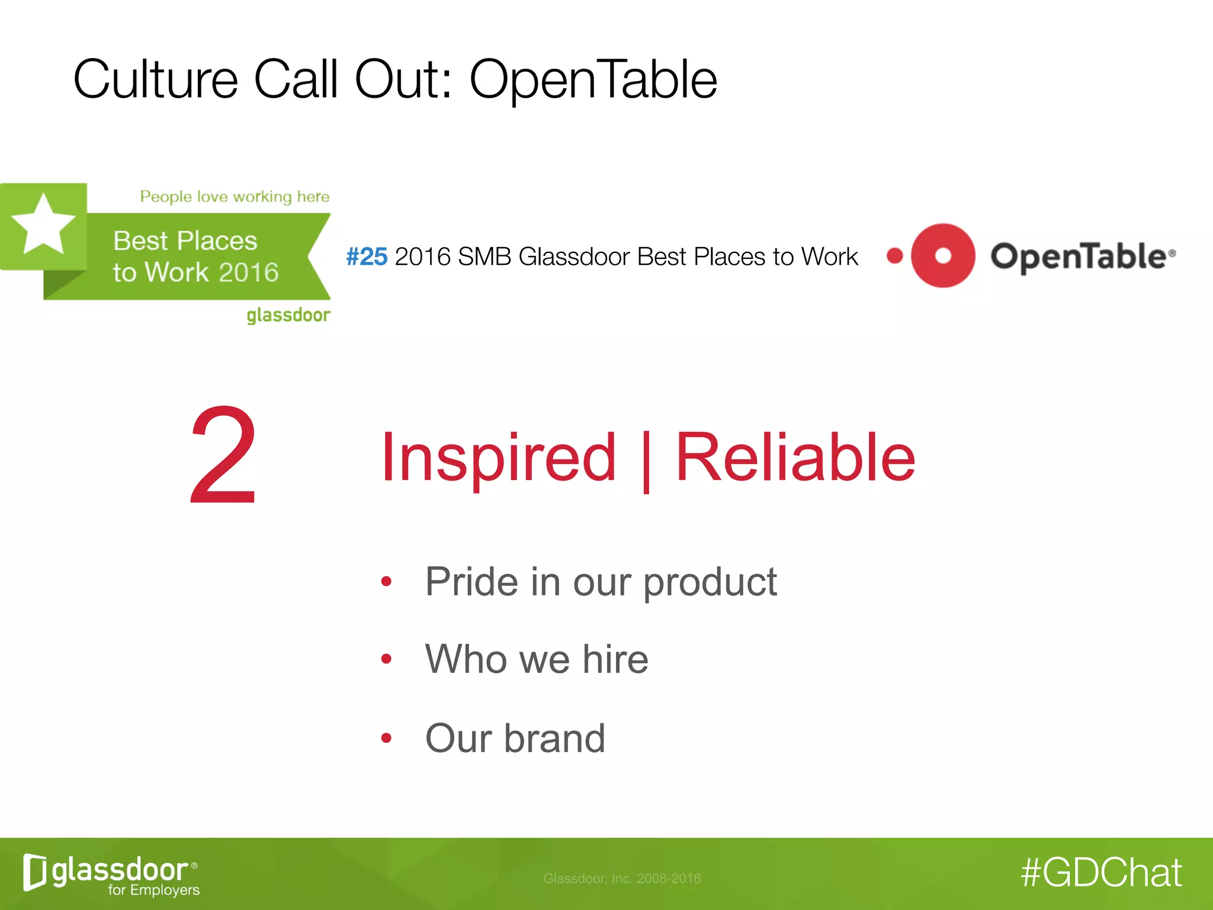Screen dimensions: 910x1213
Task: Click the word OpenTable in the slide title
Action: pyautogui.click(x=593, y=80)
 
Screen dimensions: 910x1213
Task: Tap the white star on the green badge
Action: pyautogui.click(x=43, y=226)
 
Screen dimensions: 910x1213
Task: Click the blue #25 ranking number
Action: pyautogui.click(x=367, y=257)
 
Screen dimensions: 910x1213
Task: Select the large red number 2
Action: pyautogui.click(x=223, y=455)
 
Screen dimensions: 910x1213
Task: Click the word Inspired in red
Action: pyautogui.click(x=498, y=457)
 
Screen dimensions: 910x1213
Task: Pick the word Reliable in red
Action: pyautogui.click(x=795, y=457)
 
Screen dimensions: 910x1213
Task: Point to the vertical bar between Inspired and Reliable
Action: pyautogui.click(x=646, y=461)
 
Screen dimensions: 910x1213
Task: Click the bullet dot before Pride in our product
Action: pyautogui.click(x=386, y=582)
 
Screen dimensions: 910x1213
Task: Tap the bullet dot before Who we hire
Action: pyautogui.click(x=386, y=659)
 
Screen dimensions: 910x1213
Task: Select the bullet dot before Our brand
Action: pyautogui.click(x=386, y=738)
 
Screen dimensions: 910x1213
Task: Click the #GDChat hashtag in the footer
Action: pyautogui.click(x=1101, y=873)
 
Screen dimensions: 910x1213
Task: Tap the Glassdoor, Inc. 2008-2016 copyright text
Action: pyautogui.click(x=622, y=879)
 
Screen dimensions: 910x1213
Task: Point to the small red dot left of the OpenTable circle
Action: pyautogui.click(x=894, y=256)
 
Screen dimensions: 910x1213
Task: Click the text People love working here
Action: pyautogui.click(x=235, y=197)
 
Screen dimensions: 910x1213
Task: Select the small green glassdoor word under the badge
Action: pyautogui.click(x=288, y=315)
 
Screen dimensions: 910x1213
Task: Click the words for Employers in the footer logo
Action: pyautogui.click(x=153, y=890)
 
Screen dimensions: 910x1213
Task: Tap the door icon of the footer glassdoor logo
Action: pyautogui.click(x=34, y=872)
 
